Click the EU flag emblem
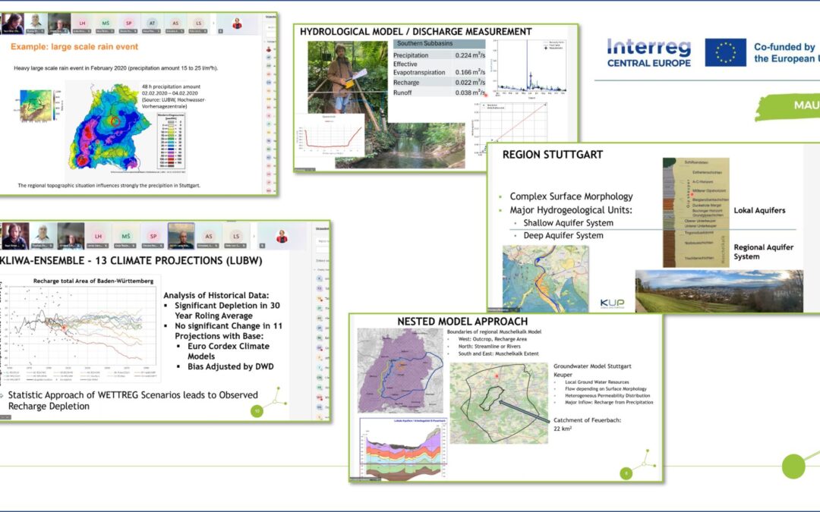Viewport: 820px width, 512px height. point(725,52)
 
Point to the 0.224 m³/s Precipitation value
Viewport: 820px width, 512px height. point(469,55)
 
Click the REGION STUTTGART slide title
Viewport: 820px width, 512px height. point(553,155)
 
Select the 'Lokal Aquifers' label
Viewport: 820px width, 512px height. point(760,209)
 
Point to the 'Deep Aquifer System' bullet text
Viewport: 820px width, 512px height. point(563,235)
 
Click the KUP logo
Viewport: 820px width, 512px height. point(612,303)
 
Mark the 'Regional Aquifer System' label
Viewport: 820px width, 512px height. point(763,252)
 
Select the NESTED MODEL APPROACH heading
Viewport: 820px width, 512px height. point(462,322)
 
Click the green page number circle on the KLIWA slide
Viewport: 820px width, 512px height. point(257,411)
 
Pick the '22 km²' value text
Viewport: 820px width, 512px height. point(563,429)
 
